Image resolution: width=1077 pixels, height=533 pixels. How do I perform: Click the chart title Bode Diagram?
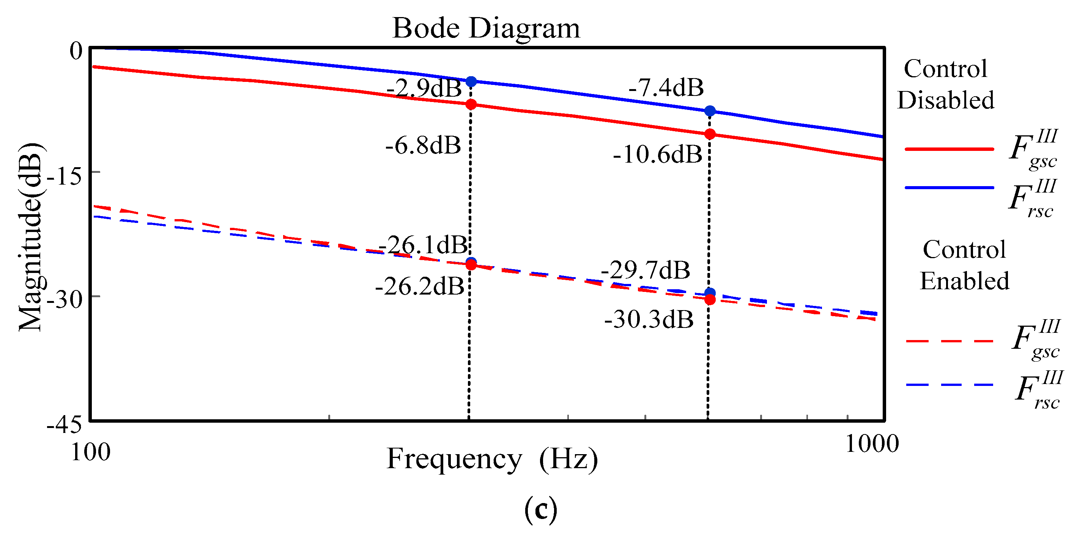tap(486, 28)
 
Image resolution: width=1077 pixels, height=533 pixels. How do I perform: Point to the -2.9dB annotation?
tap(424, 88)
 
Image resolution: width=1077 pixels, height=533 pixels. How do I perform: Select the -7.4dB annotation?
tap(666, 88)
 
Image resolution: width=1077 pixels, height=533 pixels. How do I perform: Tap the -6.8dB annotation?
tap(423, 146)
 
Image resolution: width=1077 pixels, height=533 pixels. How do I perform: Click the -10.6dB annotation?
tap(658, 155)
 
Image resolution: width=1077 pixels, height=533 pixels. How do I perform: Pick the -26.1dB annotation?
tap(423, 245)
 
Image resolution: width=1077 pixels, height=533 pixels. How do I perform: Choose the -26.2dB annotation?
tap(420, 287)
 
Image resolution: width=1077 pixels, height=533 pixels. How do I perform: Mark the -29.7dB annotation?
tap(646, 270)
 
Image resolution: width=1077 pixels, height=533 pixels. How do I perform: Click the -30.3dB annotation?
tap(649, 320)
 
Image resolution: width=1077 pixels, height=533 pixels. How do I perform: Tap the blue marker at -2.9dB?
tap(471, 82)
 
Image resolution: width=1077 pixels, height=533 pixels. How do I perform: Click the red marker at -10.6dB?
tap(710, 135)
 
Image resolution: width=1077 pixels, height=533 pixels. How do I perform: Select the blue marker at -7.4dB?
tap(710, 111)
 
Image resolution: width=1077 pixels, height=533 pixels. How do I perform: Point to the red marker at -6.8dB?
tap(471, 104)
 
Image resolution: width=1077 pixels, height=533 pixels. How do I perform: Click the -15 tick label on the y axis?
tap(65, 177)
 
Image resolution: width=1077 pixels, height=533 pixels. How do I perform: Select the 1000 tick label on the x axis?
tap(872, 444)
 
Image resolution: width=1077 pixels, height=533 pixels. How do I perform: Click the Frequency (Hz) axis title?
tap(492, 459)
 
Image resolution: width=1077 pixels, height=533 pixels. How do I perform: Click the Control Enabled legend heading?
tap(965, 265)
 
